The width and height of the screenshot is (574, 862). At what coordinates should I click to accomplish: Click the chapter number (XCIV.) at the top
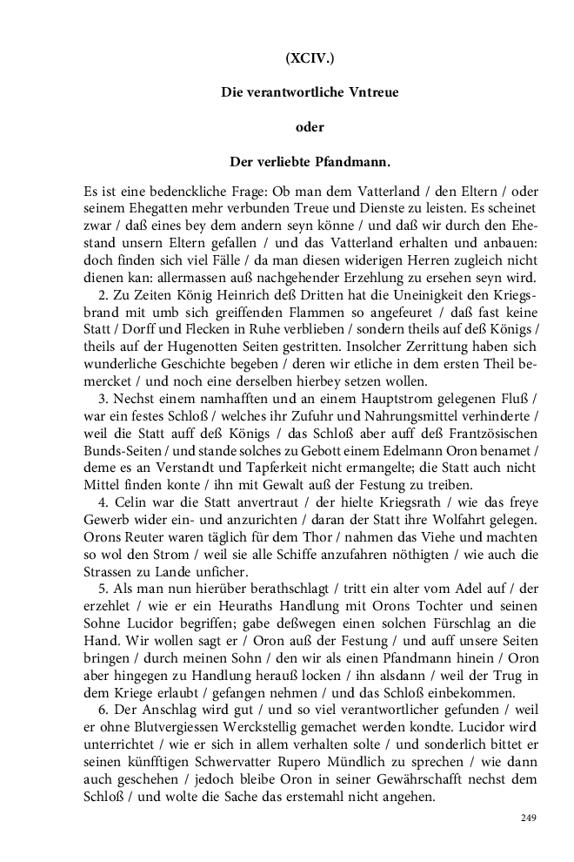coord(309,59)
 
